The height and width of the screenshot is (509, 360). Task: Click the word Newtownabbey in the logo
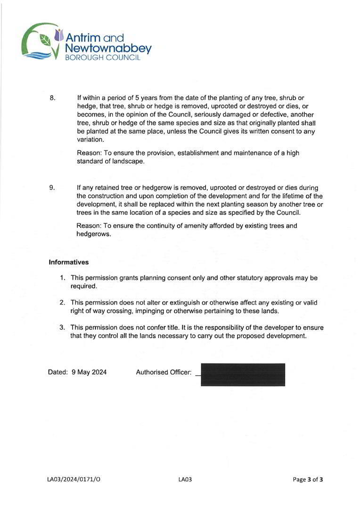point(108,48)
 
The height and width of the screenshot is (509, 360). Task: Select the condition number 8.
point(52,98)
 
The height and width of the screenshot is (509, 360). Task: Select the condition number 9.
point(52,188)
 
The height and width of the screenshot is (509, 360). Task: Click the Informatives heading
point(68,262)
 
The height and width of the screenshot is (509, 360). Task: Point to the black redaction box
point(243,375)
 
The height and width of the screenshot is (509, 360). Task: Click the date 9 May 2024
point(89,372)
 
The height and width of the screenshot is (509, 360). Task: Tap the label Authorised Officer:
point(164,372)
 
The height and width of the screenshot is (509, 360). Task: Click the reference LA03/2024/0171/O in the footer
point(74,480)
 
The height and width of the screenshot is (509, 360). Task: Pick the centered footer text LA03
point(185,480)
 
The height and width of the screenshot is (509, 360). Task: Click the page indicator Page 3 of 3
point(308,480)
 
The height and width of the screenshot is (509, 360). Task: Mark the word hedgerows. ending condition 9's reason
point(94,234)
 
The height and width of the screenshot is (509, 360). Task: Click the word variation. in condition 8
point(90,140)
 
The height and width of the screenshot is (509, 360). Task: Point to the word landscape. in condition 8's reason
point(128,161)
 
